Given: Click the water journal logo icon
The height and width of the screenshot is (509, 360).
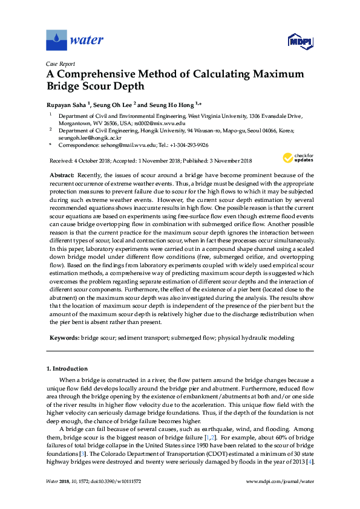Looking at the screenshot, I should click(57, 41).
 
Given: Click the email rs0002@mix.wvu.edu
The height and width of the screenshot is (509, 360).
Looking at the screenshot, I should click(151, 122).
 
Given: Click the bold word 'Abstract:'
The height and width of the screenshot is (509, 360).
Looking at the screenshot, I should click(62, 175).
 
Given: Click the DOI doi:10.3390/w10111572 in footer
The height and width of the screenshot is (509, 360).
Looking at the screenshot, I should click(111, 481).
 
